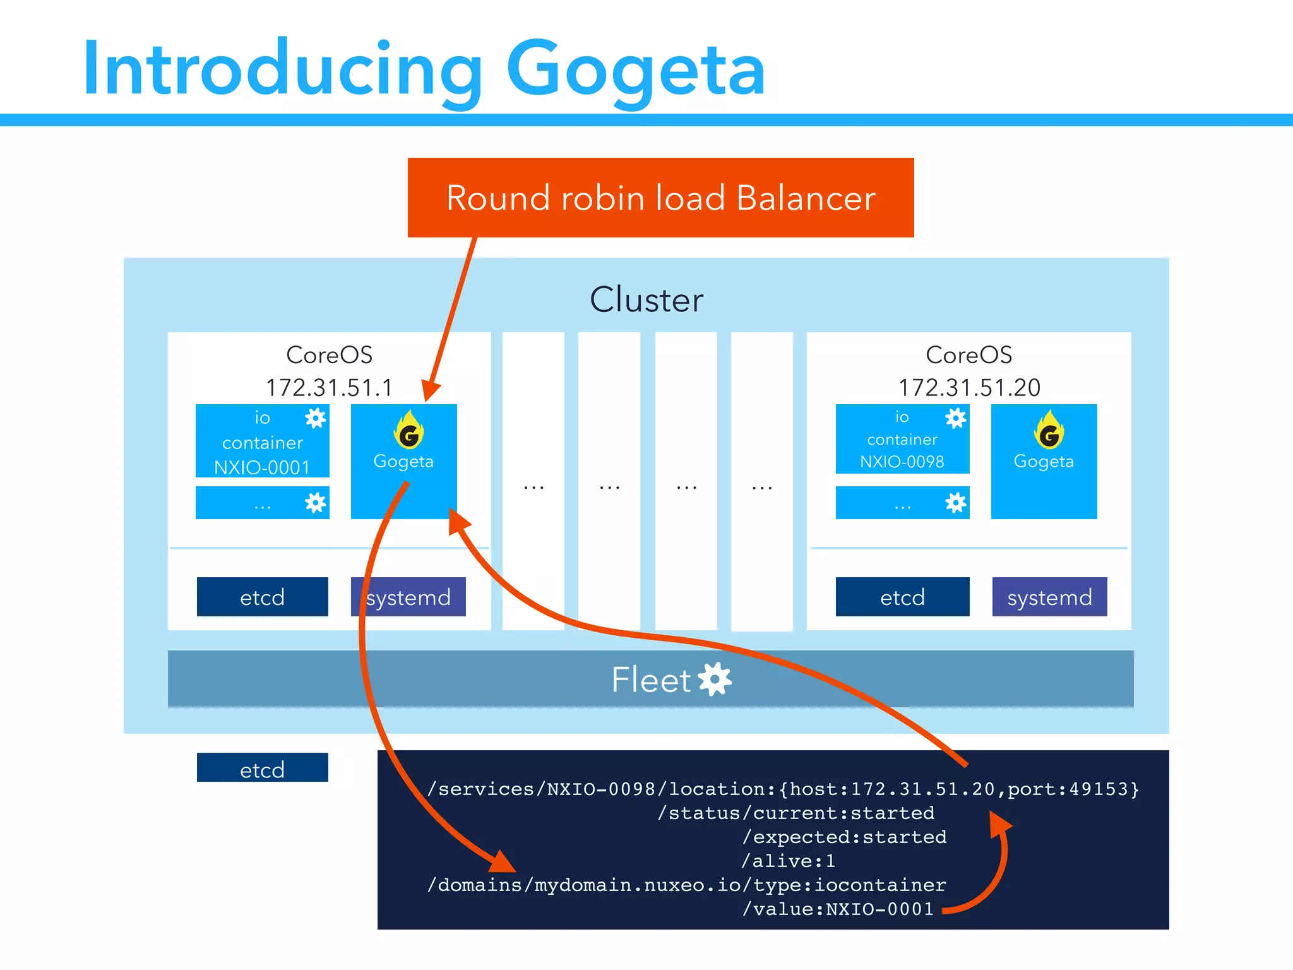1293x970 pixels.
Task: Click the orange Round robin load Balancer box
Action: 660,198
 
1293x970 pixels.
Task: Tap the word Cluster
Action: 646,299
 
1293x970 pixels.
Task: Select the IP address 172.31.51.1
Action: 329,387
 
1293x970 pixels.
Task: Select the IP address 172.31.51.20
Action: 969,387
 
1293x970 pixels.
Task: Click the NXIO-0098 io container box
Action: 902,440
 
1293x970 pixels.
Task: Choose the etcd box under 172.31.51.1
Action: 262,597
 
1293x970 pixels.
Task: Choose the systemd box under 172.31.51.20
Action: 1049,597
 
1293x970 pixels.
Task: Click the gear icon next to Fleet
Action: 715,680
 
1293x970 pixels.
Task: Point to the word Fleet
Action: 651,680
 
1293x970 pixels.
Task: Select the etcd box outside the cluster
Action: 262,768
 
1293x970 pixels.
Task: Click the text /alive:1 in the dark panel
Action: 788,861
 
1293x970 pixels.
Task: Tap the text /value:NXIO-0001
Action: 837,909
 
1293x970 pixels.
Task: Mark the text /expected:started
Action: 844,837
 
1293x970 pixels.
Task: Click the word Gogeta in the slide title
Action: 636,68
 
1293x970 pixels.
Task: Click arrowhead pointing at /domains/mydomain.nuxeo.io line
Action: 503,863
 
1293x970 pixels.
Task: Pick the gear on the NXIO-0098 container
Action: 956,418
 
